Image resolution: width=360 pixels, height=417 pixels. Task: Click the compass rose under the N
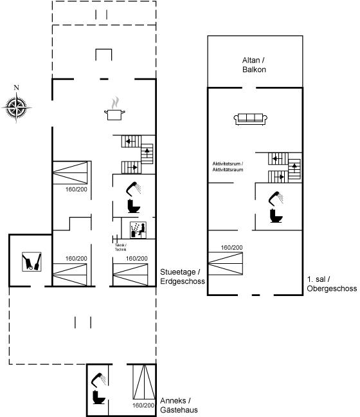pyautogui.click(x=17, y=107)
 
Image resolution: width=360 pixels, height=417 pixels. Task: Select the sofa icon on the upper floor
pyautogui.click(x=250, y=118)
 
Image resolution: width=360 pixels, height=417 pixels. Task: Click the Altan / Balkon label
pyautogui.click(x=254, y=65)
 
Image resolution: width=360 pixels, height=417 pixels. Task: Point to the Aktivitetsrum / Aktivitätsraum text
pyautogui.click(x=228, y=167)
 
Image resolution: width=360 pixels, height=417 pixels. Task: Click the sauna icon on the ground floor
pyautogui.click(x=138, y=230)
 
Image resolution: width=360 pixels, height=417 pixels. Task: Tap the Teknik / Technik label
pyautogui.click(x=121, y=247)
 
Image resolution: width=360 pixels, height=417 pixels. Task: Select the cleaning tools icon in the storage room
pyautogui.click(x=32, y=262)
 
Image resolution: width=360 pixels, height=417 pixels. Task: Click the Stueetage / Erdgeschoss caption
pyautogui.click(x=183, y=277)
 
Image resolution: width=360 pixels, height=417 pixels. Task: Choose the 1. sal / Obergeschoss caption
pyautogui.click(x=332, y=284)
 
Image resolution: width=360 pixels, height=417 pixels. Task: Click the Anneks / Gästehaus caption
pyautogui.click(x=179, y=405)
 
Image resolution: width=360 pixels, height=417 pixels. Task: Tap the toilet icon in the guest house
pyautogui.click(x=99, y=397)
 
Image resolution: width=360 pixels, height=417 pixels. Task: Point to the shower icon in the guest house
pyautogui.click(x=98, y=380)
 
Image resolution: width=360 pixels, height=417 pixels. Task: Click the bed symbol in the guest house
pyautogui.click(x=144, y=382)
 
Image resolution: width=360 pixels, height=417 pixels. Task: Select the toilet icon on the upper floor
pyautogui.click(x=276, y=216)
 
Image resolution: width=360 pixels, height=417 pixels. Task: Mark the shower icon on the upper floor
pyautogui.click(x=276, y=198)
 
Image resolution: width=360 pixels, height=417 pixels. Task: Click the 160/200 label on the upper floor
pyautogui.click(x=231, y=248)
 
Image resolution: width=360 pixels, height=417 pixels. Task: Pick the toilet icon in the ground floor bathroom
pyautogui.click(x=134, y=206)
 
